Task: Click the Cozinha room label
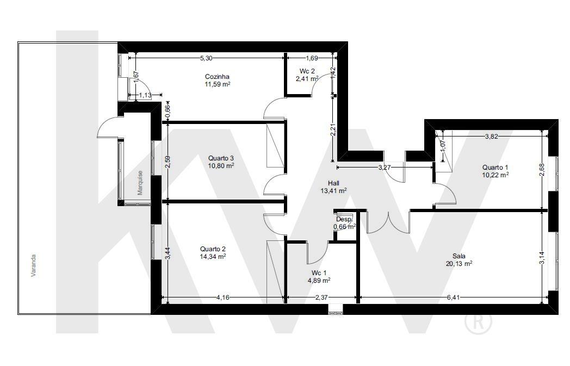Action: coord(217,77)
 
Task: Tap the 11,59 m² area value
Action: coord(218,84)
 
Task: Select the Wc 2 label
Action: coord(307,71)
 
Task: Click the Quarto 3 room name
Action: coord(221,158)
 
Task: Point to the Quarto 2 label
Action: coord(213,249)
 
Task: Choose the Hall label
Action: coord(333,183)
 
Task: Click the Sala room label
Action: coord(459,256)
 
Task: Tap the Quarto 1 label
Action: coord(495,167)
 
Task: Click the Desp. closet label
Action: coord(344,220)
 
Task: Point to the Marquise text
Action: coord(140,183)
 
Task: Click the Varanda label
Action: coord(33,266)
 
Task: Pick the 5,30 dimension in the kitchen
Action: coord(207,58)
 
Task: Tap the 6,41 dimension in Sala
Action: coord(454,297)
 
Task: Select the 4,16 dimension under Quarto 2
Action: coord(222,297)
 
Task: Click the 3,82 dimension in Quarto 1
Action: coord(492,137)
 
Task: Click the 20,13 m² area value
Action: coord(459,264)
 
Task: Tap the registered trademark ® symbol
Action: coord(479,321)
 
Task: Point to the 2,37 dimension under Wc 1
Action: coord(321,297)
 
